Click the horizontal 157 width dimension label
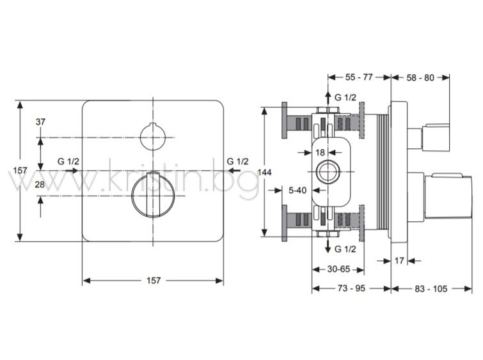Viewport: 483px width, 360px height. point(154,281)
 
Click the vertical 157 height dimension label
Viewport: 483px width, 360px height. point(20,170)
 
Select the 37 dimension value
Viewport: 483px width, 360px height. point(40,122)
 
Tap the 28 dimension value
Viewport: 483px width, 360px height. point(40,184)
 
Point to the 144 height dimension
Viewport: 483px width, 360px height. point(264,172)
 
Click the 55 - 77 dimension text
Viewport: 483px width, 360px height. point(359,77)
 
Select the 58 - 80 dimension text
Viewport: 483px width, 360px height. point(420,77)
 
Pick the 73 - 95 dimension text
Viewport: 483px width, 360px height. point(351,288)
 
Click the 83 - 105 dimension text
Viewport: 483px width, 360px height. point(431,288)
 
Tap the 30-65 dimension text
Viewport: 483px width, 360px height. point(338,269)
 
